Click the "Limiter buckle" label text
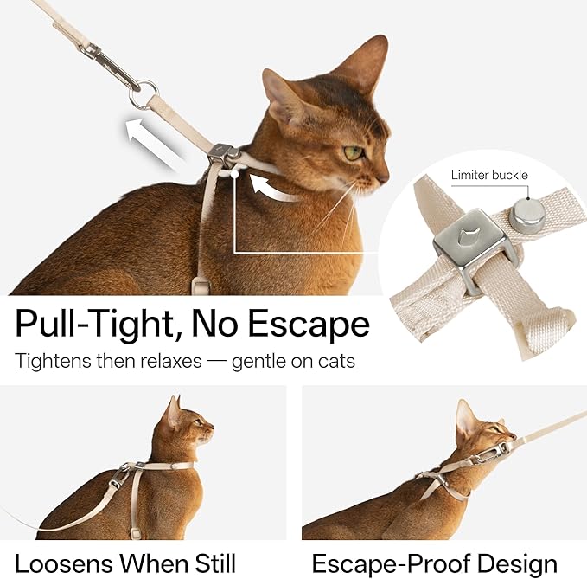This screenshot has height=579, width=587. (488, 175)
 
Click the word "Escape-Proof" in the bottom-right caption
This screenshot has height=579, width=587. (380, 563)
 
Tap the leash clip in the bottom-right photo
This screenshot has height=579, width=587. (496, 447)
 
